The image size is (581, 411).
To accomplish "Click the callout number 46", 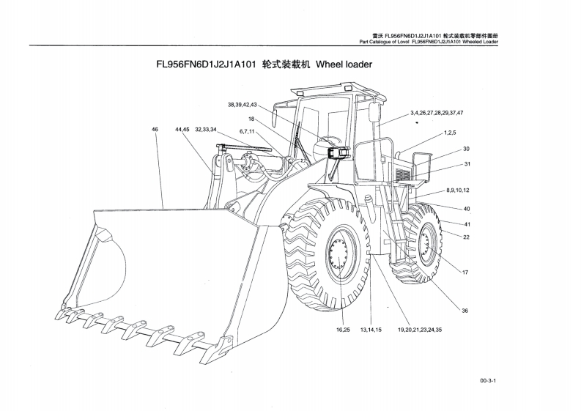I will pos(155,130).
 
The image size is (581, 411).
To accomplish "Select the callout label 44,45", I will pos(182,130).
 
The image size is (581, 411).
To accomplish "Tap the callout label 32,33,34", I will pos(206,130).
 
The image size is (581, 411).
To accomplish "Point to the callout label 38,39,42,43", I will pos(242,105).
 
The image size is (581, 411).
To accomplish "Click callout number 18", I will pos(251,119).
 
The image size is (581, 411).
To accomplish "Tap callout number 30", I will pos(466,149).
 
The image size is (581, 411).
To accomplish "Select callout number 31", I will pos(466,163).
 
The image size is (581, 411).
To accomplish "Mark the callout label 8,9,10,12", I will pos(457,190).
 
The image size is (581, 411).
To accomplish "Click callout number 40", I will pos(466,210).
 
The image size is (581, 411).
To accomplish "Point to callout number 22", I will pos(466,237).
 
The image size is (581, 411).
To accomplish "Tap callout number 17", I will pos(465,273).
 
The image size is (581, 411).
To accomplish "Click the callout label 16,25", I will pos(343,330).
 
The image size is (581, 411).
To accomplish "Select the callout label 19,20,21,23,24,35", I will pos(420,330).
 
